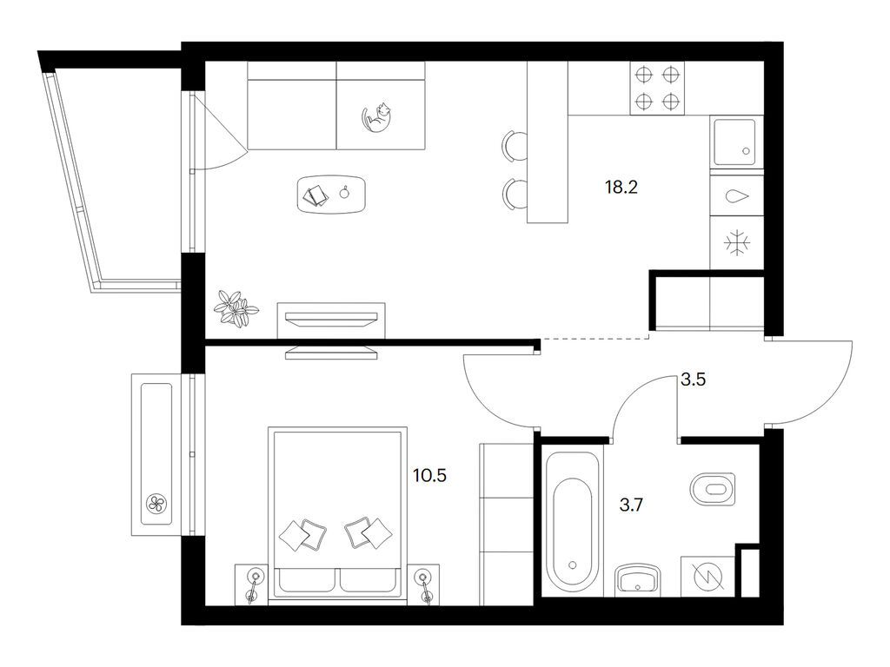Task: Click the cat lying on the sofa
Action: [x=377, y=118]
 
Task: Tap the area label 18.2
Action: [x=621, y=187]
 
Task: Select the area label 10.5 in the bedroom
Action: [x=429, y=475]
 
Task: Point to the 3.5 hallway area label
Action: [x=693, y=380]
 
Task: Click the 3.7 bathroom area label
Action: [x=631, y=505]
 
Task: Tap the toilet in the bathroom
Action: [x=713, y=489]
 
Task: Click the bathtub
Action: [x=572, y=519]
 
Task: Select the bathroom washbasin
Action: [x=639, y=579]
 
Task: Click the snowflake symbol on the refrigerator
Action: [x=737, y=243]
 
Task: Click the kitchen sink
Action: [x=736, y=142]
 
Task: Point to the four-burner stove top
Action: [x=657, y=88]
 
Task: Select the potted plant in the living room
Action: [x=235, y=308]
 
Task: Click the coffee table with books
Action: [x=331, y=194]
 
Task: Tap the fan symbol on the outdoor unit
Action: [x=156, y=504]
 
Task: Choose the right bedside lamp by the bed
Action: [x=424, y=585]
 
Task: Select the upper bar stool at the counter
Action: [x=515, y=146]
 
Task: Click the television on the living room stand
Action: [x=331, y=319]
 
